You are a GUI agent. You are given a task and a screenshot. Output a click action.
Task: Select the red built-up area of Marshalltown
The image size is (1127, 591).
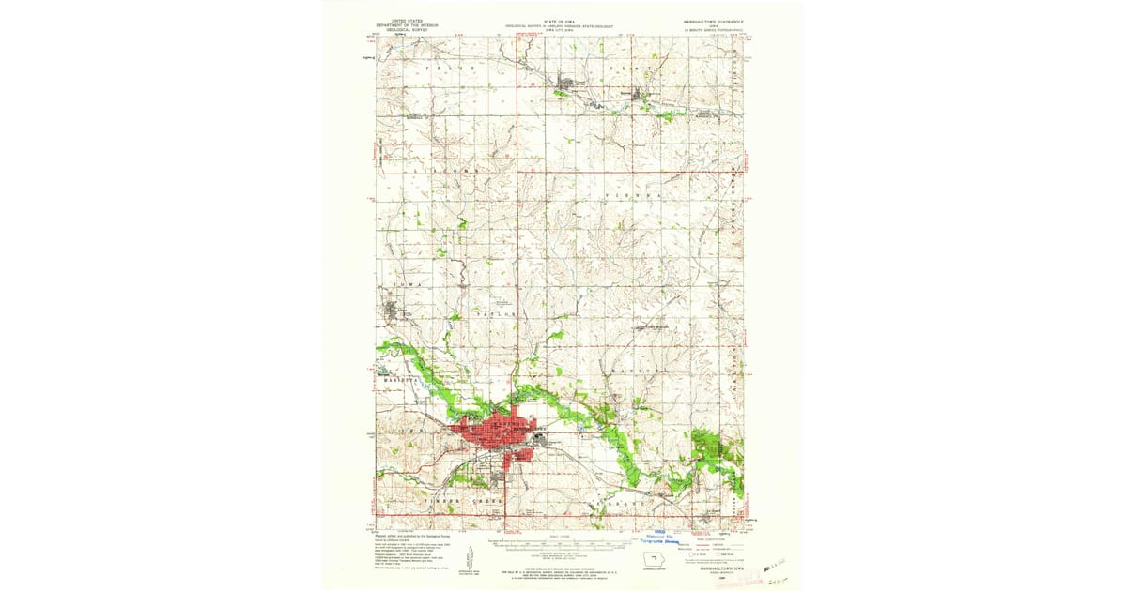click(x=493, y=435)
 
